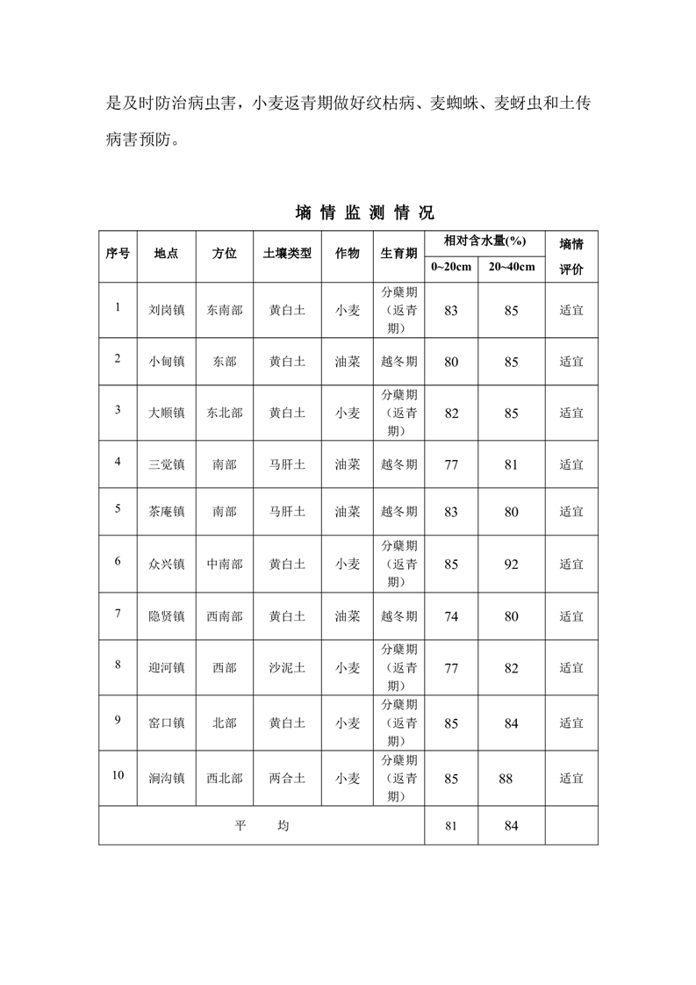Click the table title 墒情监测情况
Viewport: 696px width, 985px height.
(364, 212)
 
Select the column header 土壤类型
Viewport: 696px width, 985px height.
(287, 253)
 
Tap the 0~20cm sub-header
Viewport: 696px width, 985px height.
(451, 267)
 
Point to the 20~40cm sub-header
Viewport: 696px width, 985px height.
(511, 267)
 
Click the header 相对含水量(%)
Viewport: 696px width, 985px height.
(484, 241)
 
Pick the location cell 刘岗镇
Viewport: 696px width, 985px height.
(167, 310)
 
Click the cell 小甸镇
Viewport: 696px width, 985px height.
(167, 361)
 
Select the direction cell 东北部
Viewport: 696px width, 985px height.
(225, 413)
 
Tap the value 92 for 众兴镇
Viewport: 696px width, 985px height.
(511, 564)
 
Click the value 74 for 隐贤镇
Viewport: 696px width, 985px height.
(451, 616)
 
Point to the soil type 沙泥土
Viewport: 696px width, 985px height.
(287, 668)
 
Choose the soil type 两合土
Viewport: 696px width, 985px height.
(287, 778)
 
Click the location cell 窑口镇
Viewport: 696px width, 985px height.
(167, 723)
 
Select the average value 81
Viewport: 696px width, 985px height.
(451, 826)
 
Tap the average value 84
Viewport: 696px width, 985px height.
(511, 826)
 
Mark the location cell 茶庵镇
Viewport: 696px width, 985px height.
(167, 512)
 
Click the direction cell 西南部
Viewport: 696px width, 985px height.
(225, 616)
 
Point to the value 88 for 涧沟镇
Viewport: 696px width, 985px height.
(505, 778)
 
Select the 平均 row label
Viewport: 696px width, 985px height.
(262, 826)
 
